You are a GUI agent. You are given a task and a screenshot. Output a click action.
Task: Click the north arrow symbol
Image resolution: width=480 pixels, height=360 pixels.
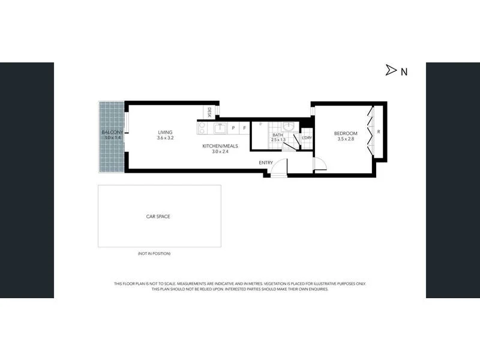coord(391,71)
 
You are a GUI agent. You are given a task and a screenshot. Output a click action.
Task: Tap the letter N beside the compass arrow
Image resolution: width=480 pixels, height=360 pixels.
coord(404,71)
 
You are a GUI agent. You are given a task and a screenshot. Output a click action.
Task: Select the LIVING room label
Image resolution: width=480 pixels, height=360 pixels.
coord(165,133)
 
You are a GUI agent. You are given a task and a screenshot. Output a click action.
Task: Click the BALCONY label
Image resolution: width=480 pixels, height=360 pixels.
coord(112,132)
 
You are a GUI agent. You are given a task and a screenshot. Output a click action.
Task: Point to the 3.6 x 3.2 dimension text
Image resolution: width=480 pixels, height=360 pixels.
coord(165,139)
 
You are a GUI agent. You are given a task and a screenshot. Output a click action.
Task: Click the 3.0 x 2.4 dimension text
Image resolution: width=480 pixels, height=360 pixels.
coord(220,152)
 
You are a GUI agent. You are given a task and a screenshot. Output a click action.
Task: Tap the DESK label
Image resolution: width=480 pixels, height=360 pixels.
coord(209,112)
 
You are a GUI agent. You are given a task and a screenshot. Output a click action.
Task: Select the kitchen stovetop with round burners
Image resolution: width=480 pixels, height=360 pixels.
coord(202,128)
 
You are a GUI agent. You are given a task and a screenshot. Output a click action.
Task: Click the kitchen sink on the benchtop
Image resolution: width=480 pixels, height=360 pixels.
coord(220,127)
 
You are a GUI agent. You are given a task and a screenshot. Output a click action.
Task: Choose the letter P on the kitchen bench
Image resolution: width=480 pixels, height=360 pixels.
coord(233,128)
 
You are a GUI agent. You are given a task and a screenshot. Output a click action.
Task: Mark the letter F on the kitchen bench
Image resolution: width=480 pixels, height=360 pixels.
coord(244,128)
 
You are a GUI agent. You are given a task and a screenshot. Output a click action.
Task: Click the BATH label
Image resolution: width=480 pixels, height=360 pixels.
coord(277,135)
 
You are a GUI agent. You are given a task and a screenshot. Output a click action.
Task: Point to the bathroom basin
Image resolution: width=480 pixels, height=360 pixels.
coord(289,127)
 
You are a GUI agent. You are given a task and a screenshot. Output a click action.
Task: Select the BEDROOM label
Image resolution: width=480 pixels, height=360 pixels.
coord(345,133)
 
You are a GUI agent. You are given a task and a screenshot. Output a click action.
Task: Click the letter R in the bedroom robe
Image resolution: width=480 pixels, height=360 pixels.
coord(379,132)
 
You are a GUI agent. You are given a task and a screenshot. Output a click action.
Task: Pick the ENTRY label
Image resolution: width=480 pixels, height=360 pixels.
coord(266,163)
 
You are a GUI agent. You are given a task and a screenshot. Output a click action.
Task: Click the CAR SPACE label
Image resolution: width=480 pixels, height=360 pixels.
coord(158,216)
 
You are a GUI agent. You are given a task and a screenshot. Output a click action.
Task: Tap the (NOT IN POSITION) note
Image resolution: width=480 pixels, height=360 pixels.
coord(154,254)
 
